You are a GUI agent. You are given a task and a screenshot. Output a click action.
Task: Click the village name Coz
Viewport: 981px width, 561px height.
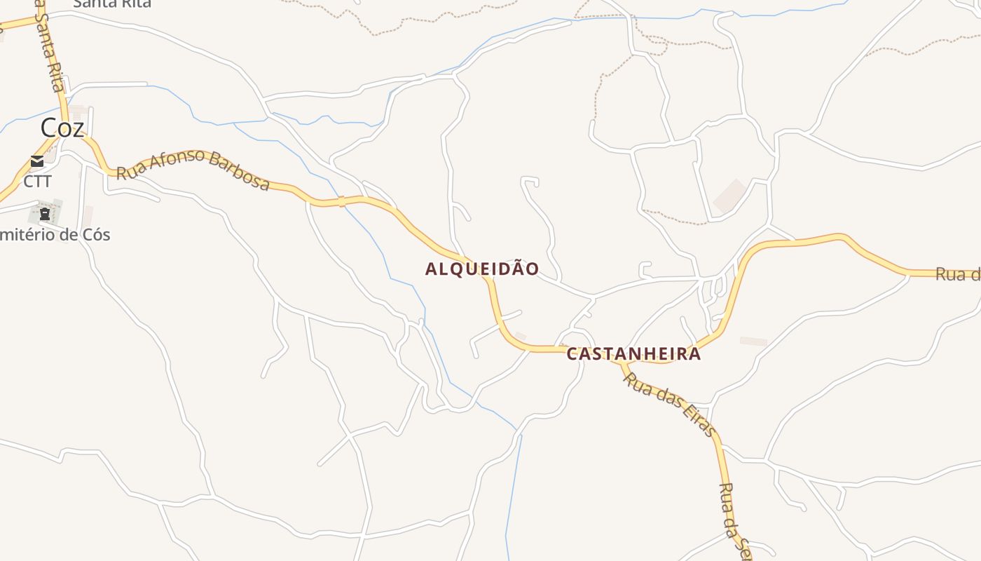point(62,128)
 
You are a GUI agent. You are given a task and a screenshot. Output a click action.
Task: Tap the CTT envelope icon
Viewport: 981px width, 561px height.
point(37,162)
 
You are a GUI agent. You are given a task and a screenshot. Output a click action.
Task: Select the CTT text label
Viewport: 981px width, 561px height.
point(37,182)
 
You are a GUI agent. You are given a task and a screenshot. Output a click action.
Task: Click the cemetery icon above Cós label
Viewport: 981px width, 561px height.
point(45,213)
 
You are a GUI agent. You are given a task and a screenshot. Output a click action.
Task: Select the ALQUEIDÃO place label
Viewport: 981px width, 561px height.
point(482,269)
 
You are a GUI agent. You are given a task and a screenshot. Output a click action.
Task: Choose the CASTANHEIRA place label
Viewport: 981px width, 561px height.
point(633,353)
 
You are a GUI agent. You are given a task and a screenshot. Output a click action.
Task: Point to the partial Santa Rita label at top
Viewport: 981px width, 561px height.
point(112,4)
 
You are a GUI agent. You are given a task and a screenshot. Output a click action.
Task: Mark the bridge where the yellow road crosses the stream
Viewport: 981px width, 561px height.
point(342,202)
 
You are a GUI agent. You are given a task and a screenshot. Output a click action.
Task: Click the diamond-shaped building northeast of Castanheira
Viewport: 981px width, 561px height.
point(730,196)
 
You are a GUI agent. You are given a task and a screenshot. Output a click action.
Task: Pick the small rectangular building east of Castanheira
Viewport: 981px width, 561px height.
point(753,342)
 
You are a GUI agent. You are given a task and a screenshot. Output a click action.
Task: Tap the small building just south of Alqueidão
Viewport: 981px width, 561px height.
point(521,337)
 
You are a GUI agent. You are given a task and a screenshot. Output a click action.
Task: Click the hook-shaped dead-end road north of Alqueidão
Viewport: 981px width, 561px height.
point(530,183)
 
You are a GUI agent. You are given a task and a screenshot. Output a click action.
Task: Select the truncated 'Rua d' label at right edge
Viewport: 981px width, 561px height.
point(958,274)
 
